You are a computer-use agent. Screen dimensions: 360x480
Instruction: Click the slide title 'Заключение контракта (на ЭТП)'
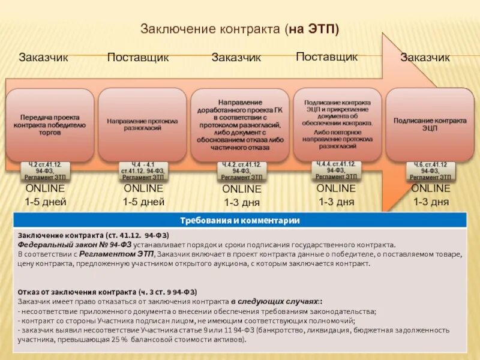coord(239,29)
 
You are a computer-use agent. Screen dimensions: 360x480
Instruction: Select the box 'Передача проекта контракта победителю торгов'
coord(50,124)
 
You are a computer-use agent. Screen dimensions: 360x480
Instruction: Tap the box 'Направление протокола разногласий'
coord(142,124)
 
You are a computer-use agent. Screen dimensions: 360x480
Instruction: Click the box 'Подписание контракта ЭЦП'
coord(430,124)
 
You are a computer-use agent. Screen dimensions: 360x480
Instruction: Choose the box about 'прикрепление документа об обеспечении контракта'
coord(337,124)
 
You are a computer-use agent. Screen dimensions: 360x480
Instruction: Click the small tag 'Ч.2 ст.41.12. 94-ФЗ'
coord(45,171)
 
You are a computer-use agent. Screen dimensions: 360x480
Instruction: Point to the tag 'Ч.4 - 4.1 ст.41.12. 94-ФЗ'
coord(143,171)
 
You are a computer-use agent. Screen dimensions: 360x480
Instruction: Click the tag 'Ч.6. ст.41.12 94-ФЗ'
coord(430,171)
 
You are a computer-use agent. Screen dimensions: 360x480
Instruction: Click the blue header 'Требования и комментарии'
coord(240,220)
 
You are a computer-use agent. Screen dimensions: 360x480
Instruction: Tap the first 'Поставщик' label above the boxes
coord(138,58)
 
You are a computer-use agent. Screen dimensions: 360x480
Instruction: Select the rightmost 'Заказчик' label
coord(425,58)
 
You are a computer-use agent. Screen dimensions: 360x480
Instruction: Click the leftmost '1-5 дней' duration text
coord(46,202)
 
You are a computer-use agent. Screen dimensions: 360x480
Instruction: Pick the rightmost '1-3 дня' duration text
coord(431,202)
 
